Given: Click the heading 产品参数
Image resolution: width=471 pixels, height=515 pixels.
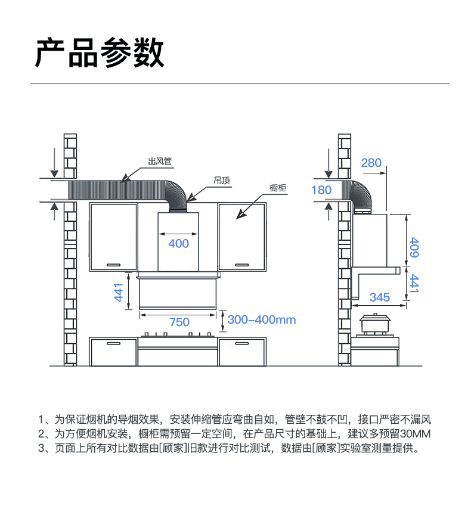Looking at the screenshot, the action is point(99,53).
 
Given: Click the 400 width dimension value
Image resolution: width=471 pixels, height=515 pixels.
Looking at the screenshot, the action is point(178,244).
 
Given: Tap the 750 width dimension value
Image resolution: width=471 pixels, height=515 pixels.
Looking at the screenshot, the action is point(179,322).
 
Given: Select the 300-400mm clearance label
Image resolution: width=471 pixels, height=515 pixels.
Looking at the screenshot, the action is point(262,319).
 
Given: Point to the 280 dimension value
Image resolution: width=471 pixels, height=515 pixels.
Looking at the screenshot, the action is point(371,163).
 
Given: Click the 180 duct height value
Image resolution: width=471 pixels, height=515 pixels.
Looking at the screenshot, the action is point(321,190).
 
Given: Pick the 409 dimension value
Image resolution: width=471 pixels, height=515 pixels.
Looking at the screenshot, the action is point(414,247).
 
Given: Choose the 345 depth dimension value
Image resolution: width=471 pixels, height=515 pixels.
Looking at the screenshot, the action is point(380,297).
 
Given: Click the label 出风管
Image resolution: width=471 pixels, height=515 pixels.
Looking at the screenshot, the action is point(160,162).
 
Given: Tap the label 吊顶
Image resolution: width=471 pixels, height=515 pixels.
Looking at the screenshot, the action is point(222,181).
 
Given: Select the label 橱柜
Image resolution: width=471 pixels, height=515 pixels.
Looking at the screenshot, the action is point(278,188).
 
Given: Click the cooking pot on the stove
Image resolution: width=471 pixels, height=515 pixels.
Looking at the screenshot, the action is point(375,324).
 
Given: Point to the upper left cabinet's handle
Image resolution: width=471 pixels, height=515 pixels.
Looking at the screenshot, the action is point(114,265).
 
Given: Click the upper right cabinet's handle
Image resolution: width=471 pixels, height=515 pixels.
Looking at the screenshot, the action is point(241,265).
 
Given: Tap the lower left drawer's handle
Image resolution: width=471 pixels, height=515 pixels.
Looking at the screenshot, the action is point(114,343).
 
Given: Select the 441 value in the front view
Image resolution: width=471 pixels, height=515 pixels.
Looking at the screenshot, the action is point(118,292).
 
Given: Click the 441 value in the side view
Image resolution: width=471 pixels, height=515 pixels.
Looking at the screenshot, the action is point(414,284).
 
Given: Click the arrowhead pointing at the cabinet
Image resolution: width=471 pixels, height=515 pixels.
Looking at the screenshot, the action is point(241,215).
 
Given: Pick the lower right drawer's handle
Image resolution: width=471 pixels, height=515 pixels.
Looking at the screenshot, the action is point(241,343).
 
